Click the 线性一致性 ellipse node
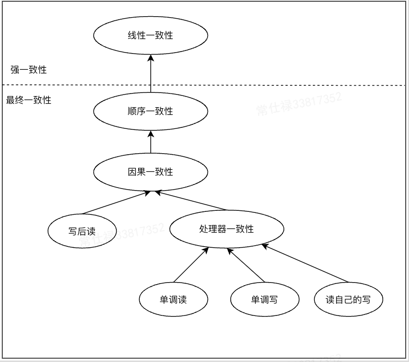pos(151,35)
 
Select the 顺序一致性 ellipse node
pos(151,111)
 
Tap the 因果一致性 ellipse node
pos(151,172)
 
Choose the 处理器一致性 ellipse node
pos(226,229)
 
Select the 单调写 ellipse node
pos(264,299)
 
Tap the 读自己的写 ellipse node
pos(348,299)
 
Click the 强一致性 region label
pos(28,70)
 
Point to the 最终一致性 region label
pos(28,100)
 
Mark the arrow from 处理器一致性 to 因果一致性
pos(192,201)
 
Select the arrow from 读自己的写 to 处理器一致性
pos(305,263)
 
